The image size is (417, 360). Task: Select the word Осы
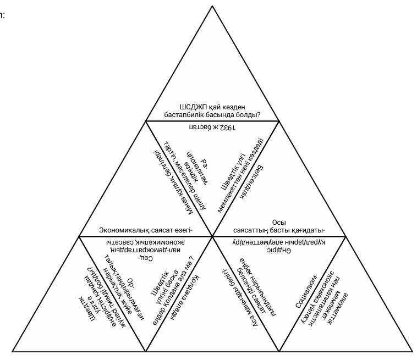(279, 223)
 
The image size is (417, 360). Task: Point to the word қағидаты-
(308, 230)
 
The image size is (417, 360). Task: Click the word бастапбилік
(186, 115)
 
